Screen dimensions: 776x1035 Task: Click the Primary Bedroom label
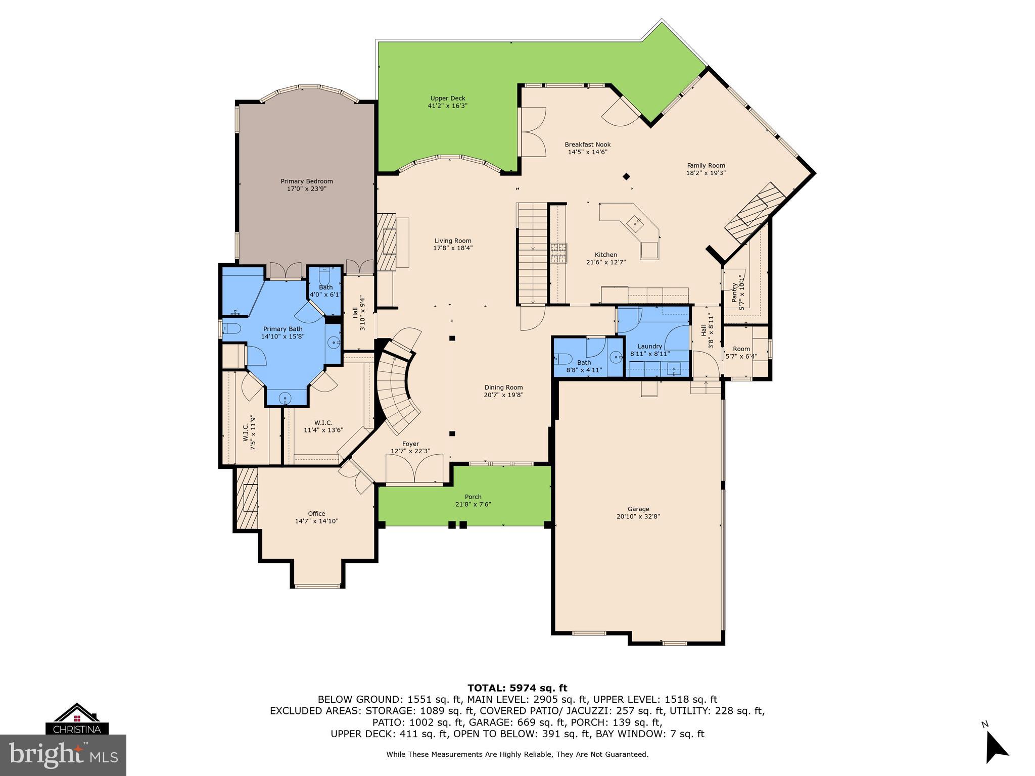[x=307, y=181]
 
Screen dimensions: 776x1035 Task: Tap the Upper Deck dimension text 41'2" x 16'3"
[x=447, y=106]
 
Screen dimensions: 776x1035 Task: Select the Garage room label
[x=638, y=509]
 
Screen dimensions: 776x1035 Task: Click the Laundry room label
[x=649, y=346]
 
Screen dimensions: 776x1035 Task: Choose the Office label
[x=316, y=513]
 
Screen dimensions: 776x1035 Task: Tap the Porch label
[x=473, y=497]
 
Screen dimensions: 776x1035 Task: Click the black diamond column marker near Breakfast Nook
[x=626, y=176]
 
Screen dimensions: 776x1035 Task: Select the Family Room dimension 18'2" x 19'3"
[x=706, y=173]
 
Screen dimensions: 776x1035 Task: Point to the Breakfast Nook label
[x=587, y=144]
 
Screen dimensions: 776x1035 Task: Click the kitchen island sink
[x=634, y=222]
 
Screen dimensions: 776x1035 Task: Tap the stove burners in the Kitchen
[x=559, y=253]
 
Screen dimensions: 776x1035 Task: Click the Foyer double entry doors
[x=414, y=469]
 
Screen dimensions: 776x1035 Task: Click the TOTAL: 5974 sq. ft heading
[x=517, y=688]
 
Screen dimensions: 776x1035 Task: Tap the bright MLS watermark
[x=63, y=755]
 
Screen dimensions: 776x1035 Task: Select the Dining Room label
[x=503, y=387]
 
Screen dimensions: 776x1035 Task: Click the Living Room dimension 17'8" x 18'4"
[x=453, y=248]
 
